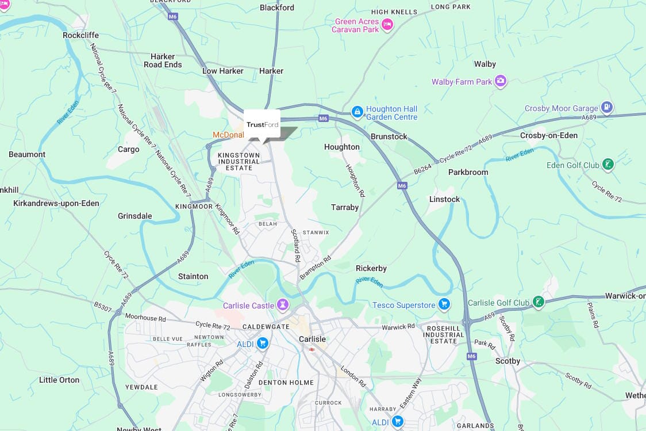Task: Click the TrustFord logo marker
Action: click(262, 124)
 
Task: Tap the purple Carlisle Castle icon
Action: click(282, 304)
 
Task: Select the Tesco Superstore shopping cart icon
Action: click(444, 304)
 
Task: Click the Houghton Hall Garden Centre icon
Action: click(357, 112)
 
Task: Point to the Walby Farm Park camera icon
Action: click(501, 81)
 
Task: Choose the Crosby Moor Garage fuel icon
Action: click(606, 107)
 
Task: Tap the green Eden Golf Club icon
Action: click(607, 165)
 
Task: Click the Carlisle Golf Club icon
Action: click(538, 302)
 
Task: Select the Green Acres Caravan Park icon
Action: click(387, 24)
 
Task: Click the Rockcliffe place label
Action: click(80, 35)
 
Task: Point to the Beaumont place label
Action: click(27, 154)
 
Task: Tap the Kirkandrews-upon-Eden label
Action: click(56, 203)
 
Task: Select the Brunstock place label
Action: click(389, 136)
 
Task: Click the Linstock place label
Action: click(444, 199)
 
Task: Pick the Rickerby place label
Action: click(371, 268)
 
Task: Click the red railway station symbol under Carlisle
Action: click(311, 349)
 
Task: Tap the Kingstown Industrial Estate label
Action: click(239, 162)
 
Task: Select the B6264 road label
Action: click(422, 171)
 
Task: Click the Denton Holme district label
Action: click(286, 382)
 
